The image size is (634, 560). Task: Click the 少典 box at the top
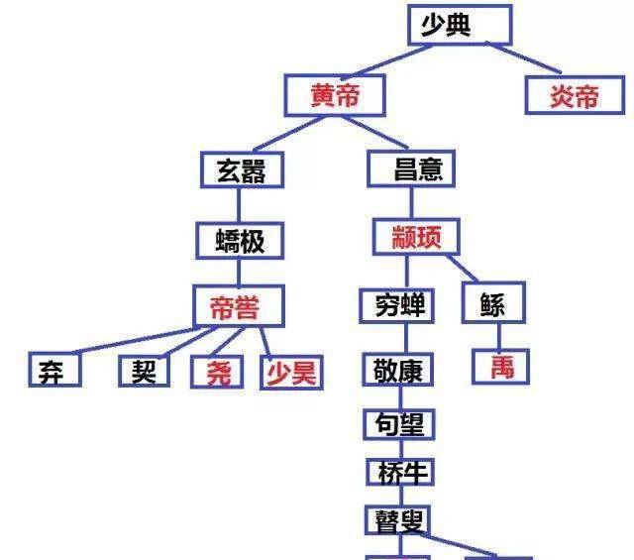pyautogui.click(x=460, y=25)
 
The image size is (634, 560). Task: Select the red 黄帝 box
pyautogui.click(x=335, y=95)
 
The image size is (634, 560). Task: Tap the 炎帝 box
pyautogui.click(x=575, y=95)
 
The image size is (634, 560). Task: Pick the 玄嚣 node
pyautogui.click(x=242, y=169)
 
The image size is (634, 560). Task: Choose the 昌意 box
pyautogui.click(x=411, y=168)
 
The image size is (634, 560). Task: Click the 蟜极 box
pyautogui.click(x=240, y=240)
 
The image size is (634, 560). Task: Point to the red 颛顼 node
pyautogui.click(x=416, y=237)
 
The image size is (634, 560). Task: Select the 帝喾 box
pyautogui.click(x=239, y=306)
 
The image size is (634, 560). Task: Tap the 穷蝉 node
pyautogui.click(x=396, y=306)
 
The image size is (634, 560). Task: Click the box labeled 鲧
pyautogui.click(x=493, y=302)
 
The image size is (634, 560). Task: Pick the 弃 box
pyautogui.click(x=54, y=370)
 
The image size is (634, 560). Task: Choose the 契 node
pyautogui.click(x=144, y=371)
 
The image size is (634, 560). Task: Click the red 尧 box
pyautogui.click(x=217, y=372)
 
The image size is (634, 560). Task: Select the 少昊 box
pyautogui.click(x=291, y=373)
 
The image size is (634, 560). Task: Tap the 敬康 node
pyautogui.click(x=398, y=370)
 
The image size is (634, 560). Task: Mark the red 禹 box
pyautogui.click(x=500, y=367)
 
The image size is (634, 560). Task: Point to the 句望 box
pyautogui.click(x=398, y=424)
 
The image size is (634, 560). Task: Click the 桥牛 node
pyautogui.click(x=400, y=472)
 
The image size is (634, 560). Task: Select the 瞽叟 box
pyautogui.click(x=397, y=520)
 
